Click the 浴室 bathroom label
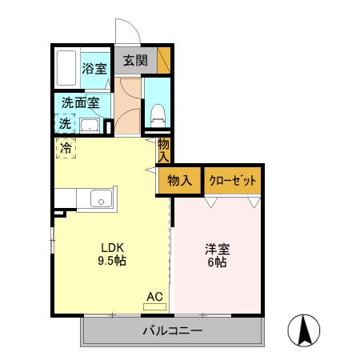pos(94,69)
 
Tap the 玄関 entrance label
pos(135,59)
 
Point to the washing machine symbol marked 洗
pos(65,123)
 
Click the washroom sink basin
pos(90,125)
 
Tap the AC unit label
pos(154,297)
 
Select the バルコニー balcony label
pos(172,330)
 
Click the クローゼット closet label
pos(233,181)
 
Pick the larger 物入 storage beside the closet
pos(180,181)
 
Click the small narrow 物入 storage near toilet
pos(164,150)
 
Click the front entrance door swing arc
pos(125,32)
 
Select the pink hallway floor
pos(127,104)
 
